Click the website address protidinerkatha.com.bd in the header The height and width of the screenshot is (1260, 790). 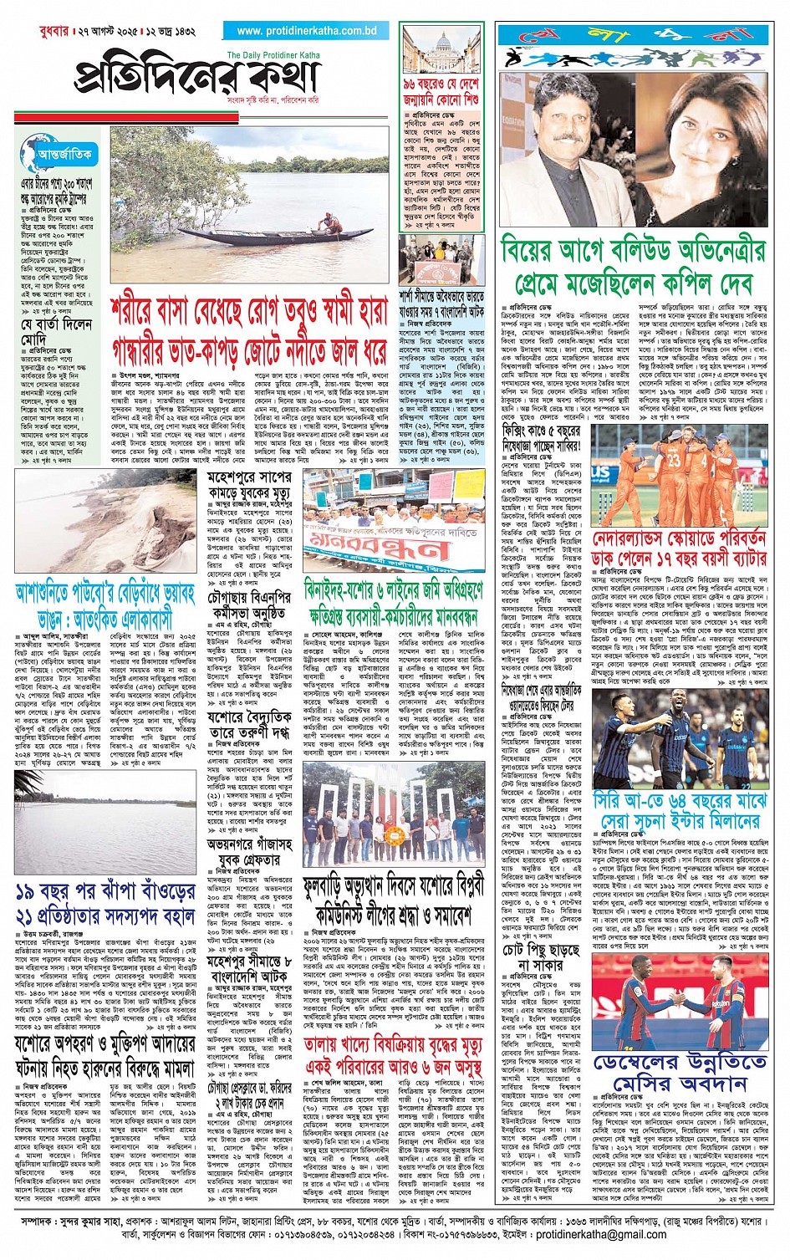(307, 31)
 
